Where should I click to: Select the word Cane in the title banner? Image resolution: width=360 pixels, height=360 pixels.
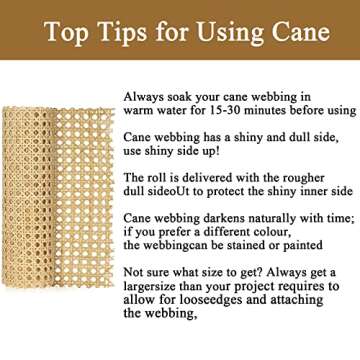[x=299, y=33]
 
